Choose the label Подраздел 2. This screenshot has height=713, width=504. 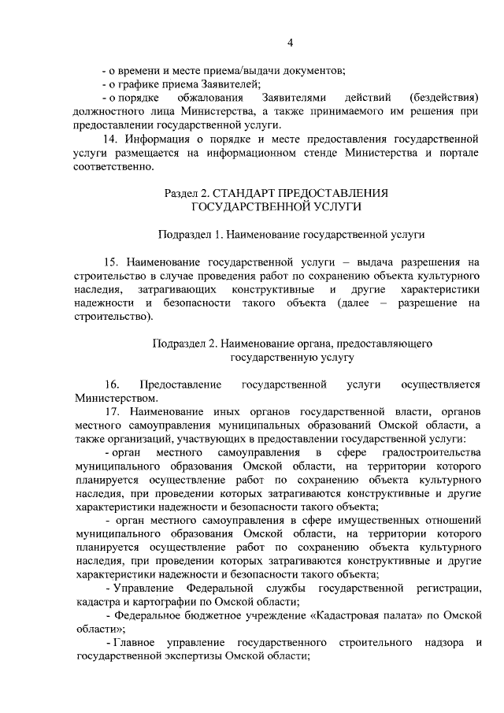(x=182, y=344)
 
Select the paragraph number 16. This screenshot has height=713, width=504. (x=111, y=384)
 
